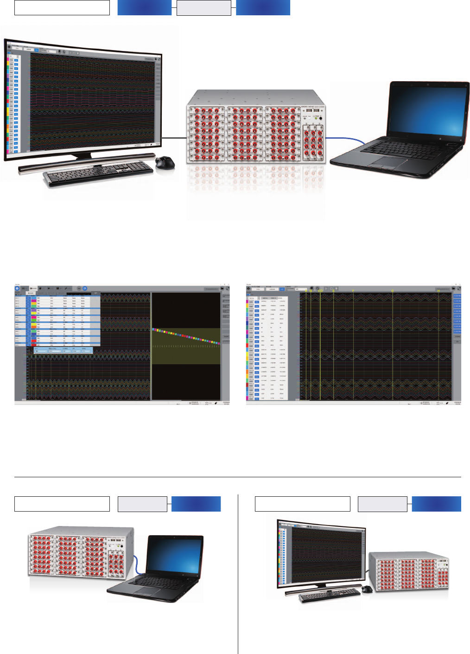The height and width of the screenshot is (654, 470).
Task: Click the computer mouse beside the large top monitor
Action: click(x=165, y=162)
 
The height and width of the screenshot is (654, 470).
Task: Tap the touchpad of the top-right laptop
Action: click(x=383, y=162)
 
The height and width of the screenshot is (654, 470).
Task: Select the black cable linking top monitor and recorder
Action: click(x=174, y=137)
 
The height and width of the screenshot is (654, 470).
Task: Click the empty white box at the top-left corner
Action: click(x=62, y=8)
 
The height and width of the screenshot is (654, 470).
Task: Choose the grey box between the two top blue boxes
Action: click(x=203, y=8)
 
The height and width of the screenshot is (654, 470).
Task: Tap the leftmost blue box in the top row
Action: click(x=144, y=8)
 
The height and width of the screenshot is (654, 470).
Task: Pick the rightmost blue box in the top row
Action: click(x=263, y=8)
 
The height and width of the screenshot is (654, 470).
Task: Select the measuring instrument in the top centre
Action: click(x=255, y=128)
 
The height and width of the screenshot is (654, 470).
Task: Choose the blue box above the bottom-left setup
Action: click(x=196, y=504)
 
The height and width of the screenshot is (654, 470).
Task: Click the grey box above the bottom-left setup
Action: click(x=142, y=504)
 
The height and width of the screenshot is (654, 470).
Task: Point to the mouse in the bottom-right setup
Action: click(x=367, y=589)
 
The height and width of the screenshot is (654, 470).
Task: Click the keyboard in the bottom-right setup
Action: click(x=330, y=595)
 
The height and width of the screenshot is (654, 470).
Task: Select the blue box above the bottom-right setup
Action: click(x=436, y=504)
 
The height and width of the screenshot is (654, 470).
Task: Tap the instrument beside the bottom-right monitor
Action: click(x=409, y=571)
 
